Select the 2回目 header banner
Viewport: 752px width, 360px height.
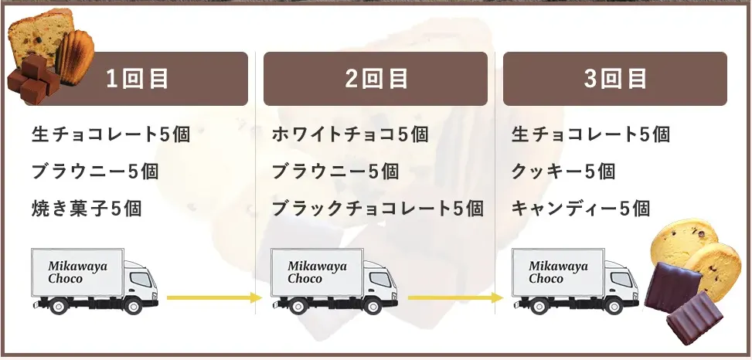tap(376, 79)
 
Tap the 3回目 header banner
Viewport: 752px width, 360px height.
tap(615, 79)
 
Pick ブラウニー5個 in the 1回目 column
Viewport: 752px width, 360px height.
tap(95, 171)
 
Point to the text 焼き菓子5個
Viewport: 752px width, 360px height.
tap(87, 208)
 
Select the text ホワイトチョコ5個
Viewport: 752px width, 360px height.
tap(350, 134)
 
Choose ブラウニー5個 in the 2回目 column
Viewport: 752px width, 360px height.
tap(335, 171)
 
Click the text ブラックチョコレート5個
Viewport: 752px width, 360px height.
tap(377, 208)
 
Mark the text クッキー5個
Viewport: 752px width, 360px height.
tap(563, 171)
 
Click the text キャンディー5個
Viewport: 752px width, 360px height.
tap(580, 208)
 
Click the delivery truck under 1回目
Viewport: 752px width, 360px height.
tap(94, 280)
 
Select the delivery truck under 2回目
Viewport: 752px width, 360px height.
tap(333, 280)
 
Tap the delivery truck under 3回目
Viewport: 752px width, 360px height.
tap(574, 280)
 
